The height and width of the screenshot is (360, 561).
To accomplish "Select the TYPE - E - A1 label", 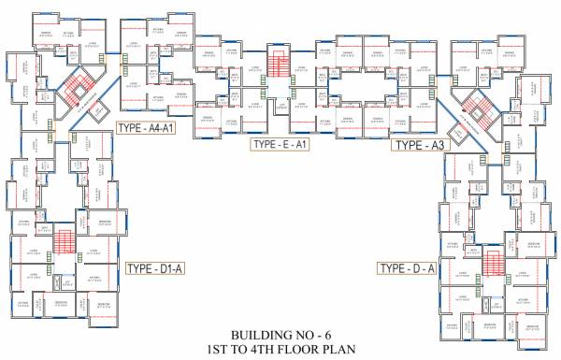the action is [x=280, y=144].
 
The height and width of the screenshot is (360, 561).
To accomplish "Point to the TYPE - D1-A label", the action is [x=157, y=269].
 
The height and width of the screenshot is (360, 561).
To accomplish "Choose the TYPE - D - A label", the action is [x=407, y=269].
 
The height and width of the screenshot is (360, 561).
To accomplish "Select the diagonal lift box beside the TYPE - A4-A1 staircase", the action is [x=97, y=110].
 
